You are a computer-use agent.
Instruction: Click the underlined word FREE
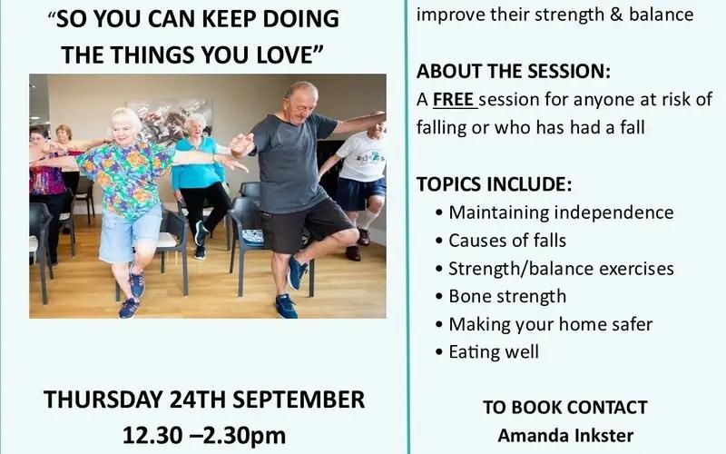pos(453,100)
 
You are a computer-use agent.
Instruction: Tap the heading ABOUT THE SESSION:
pos(514,72)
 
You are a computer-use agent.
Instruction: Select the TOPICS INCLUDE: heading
pos(494,184)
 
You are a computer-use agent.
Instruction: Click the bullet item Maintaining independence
pos(561,212)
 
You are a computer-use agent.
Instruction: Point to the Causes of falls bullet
pos(507,241)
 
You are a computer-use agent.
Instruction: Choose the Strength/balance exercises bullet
pos(561,269)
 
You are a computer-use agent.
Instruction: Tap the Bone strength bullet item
pos(507,297)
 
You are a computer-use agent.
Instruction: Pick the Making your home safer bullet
pos(551,324)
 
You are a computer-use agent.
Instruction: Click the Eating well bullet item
pos(494,352)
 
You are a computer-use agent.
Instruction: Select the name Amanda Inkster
pos(565,436)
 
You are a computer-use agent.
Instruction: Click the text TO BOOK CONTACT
pos(565,408)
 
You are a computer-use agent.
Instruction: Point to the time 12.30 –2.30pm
pos(204,436)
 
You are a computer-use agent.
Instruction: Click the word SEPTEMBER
pos(299,400)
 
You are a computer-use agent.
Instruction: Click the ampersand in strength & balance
pos(616,15)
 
